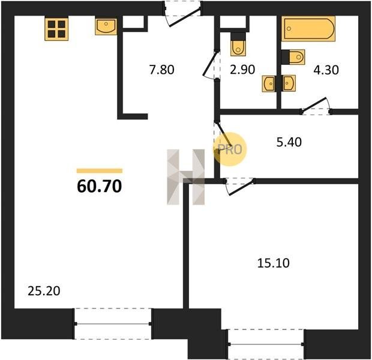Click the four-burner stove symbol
(56, 29)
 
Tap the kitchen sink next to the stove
(106, 26)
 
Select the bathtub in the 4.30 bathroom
(308, 29)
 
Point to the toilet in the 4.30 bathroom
(293, 57)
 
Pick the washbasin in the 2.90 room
(269, 83)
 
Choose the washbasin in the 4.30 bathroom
(288, 83)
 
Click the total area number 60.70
(100, 186)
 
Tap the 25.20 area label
(44, 291)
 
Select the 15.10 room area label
(274, 263)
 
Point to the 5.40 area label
(289, 142)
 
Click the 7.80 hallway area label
(161, 70)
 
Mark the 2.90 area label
(242, 70)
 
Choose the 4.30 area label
(326, 70)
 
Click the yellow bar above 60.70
(100, 171)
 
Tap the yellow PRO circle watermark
(230, 149)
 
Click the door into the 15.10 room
(239, 186)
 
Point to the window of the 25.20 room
(113, 323)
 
